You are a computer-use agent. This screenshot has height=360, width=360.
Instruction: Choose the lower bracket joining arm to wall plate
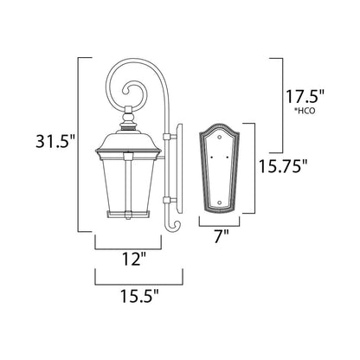[171, 204]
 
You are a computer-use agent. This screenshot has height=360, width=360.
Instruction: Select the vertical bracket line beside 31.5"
[80, 142]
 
